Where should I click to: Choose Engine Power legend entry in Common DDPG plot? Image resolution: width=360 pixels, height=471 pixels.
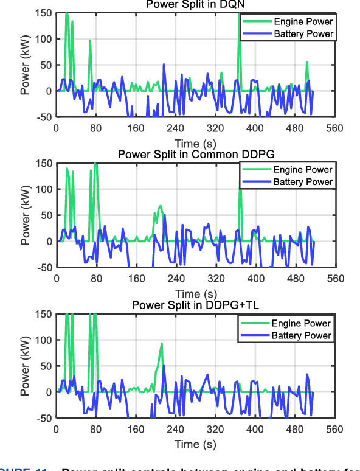coord(302,170)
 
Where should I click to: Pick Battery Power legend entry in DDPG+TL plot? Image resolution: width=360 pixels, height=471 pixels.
coord(301,335)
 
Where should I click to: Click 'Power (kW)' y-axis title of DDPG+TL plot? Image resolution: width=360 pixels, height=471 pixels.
coord(26,365)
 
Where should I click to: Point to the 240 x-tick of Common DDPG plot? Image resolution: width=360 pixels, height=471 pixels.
coord(175,279)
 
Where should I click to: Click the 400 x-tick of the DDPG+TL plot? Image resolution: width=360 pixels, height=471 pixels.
coord(255,430)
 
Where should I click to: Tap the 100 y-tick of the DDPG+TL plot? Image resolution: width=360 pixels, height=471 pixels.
coord(43,340)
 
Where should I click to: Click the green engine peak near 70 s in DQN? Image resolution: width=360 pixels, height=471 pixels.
coord(90,41)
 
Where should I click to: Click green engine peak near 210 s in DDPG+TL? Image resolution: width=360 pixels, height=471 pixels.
coord(162,343)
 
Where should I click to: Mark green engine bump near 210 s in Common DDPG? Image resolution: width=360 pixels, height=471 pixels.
coord(161,206)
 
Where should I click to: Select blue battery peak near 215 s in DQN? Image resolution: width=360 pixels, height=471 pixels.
coord(164,64)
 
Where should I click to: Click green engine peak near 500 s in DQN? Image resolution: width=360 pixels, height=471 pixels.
coord(307,62)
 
